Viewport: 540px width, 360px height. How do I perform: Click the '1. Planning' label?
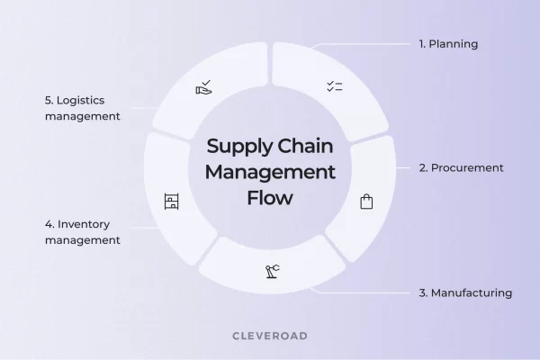448,43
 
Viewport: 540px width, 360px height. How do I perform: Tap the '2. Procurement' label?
461,167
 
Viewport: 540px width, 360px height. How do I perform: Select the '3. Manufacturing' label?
465,292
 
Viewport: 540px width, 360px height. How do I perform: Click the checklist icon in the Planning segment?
334,87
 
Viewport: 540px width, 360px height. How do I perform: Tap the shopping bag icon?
365,202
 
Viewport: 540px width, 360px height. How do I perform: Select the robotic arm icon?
271,271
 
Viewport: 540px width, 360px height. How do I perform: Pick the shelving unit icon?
172,202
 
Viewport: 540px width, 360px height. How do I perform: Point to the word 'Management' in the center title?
270,171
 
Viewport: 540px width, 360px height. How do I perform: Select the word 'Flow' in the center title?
270,196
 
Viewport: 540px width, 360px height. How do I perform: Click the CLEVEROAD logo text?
270,334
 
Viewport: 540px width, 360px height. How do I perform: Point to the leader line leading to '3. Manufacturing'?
360,292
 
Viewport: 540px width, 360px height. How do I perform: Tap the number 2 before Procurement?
423,167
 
